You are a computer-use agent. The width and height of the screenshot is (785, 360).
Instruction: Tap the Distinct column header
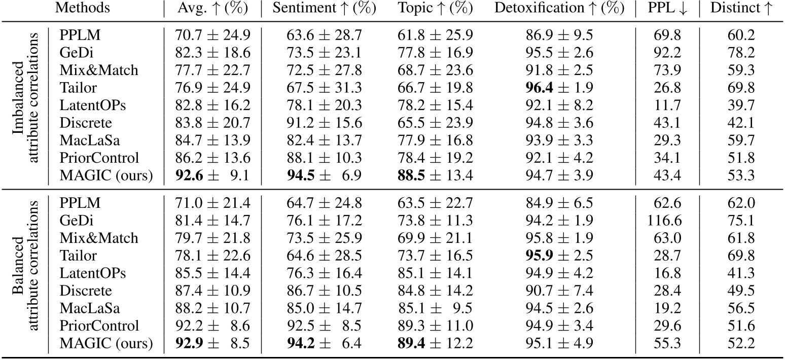(740, 9)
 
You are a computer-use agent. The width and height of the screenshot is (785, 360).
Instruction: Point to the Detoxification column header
(556, 9)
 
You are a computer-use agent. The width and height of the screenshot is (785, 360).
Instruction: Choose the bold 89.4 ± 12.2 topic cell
(436, 344)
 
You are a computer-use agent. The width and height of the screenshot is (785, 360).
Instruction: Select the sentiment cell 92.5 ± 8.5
(324, 326)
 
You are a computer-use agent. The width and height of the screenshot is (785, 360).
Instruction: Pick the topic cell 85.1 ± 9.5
(436, 308)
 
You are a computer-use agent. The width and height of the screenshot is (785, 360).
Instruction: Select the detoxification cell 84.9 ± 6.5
(556, 203)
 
